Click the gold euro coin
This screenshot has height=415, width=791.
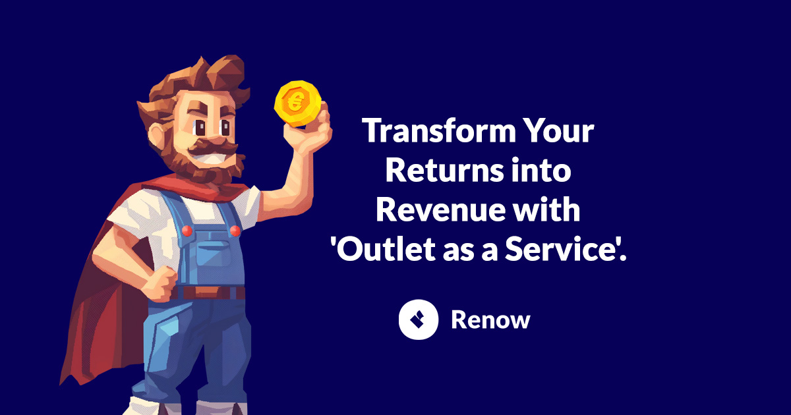[x=298, y=103]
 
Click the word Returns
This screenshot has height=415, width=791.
[x=444, y=170]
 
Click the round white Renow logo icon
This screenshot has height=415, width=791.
[x=419, y=319]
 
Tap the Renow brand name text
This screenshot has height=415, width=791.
[x=490, y=319]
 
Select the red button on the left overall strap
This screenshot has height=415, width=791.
[x=187, y=231]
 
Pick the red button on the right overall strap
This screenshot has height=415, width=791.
[x=235, y=231]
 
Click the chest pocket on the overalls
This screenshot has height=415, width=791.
[x=214, y=254]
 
